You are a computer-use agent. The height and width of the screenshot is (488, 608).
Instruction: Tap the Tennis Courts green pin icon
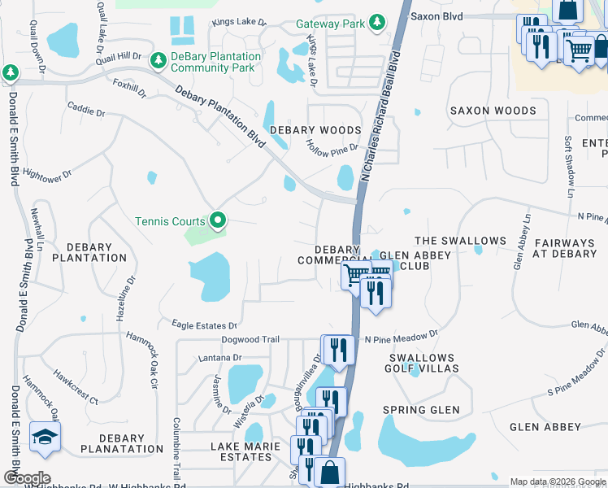217,220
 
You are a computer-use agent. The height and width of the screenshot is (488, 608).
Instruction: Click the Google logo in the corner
26,477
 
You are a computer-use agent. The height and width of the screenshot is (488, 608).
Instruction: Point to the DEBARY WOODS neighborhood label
315,130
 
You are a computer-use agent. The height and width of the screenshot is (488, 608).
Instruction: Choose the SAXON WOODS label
493,111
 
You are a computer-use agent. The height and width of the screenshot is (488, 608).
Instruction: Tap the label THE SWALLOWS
460,242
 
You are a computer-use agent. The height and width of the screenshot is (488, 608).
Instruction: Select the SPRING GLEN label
422,410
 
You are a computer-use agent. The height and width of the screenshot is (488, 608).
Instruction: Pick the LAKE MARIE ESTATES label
241,451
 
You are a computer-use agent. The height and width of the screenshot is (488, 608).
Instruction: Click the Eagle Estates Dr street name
204,325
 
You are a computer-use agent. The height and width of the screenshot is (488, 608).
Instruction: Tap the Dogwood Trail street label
251,340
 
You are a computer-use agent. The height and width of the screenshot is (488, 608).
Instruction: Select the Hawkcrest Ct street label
76,389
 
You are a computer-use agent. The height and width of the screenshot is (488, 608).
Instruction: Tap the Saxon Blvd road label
436,15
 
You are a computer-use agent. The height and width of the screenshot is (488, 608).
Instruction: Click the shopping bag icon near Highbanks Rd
329,472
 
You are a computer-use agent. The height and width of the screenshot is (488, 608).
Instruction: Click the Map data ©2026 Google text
557,481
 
